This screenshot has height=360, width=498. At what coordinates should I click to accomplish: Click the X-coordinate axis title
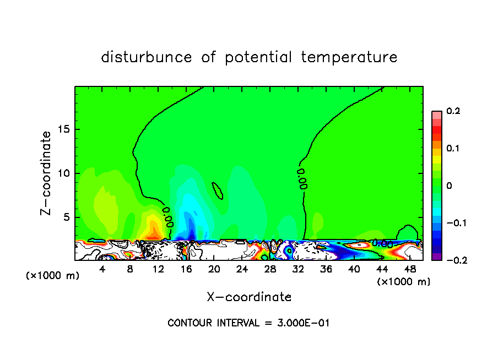point(249,297)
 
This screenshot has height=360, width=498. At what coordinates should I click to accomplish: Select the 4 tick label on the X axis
point(102,269)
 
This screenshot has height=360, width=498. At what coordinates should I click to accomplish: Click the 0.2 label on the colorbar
point(453,111)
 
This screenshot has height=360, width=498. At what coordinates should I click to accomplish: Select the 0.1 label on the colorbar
point(453,149)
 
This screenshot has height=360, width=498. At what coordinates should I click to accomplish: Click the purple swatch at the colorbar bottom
point(437,257)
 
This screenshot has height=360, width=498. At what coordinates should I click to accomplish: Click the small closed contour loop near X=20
point(217,191)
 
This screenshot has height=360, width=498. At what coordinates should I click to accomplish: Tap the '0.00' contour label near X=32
point(302,179)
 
